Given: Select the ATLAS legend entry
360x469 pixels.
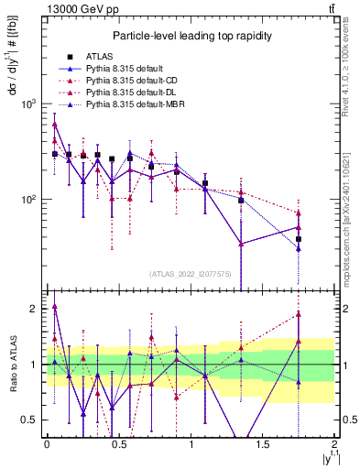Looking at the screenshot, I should (x=103, y=57).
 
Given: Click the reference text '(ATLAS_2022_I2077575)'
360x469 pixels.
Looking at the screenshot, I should (x=191, y=273).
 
